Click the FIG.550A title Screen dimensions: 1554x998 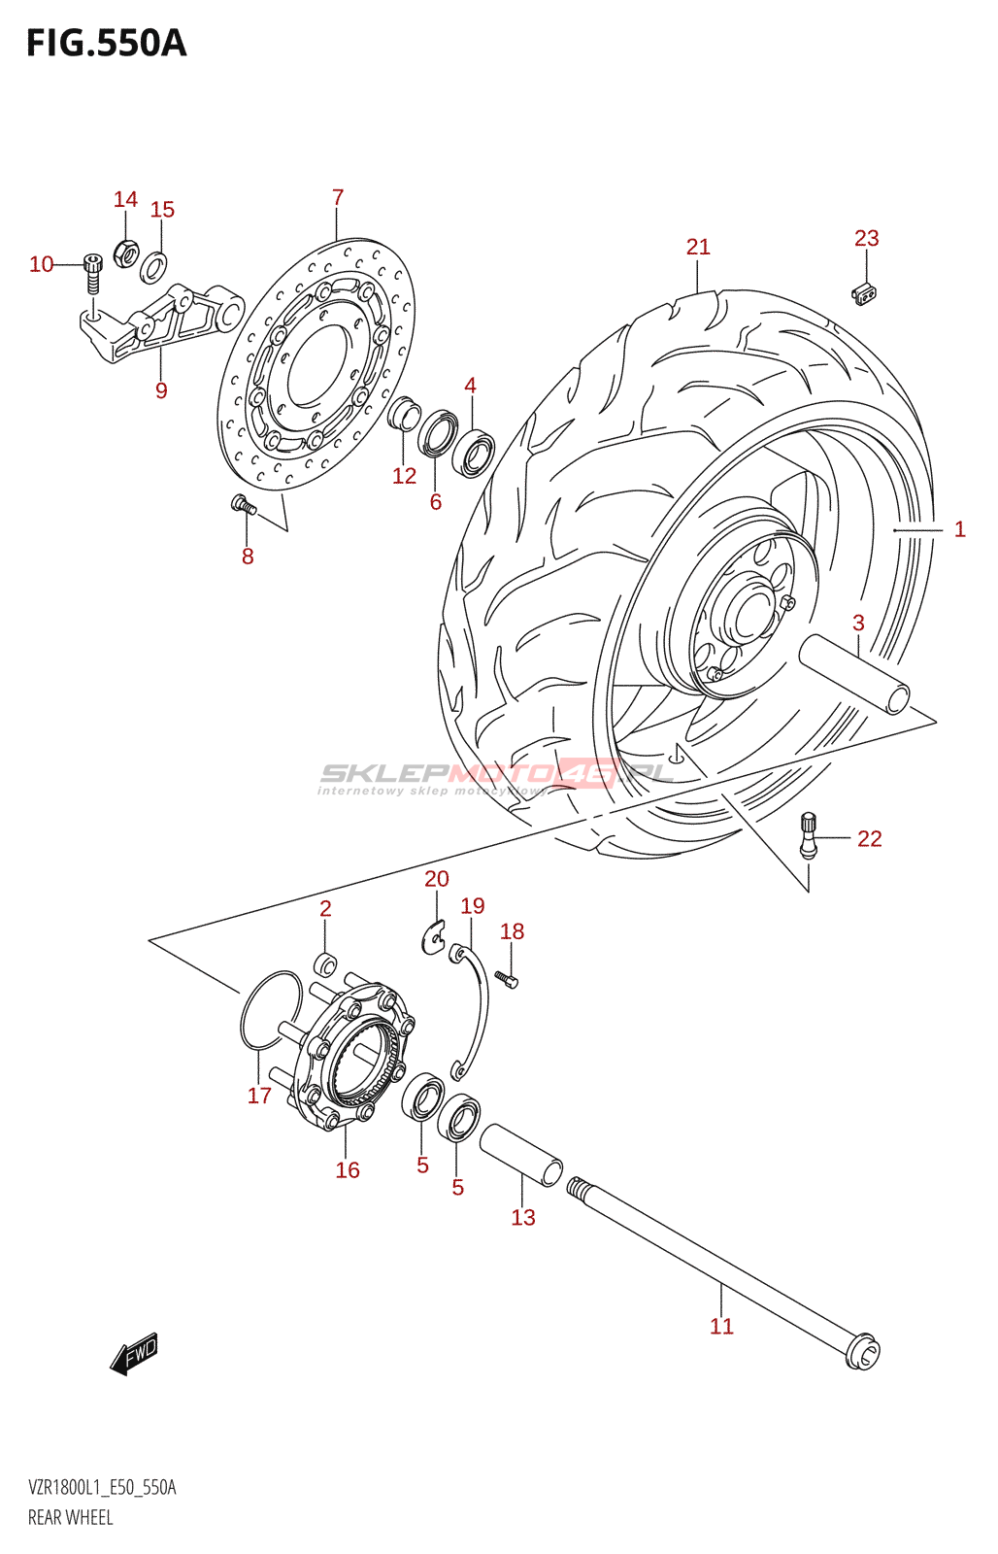click(106, 44)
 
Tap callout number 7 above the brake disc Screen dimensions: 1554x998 click(338, 198)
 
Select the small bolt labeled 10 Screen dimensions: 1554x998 click(92, 272)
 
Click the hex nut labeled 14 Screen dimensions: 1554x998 click(125, 253)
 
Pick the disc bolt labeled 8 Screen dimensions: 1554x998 click(242, 503)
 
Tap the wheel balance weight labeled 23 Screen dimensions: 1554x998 click(864, 293)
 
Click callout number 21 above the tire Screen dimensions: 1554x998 click(698, 248)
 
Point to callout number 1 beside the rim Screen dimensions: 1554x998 click(959, 529)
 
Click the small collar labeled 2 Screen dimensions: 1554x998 click(326, 964)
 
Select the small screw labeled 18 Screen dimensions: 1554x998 click(507, 979)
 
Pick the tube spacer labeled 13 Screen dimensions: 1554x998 click(521, 1154)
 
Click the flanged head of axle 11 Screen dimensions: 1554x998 click(862, 1351)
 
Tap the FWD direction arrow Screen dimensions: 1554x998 click(135, 1353)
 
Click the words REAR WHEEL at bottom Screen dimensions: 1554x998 click(71, 1518)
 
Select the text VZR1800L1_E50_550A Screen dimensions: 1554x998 click(102, 1488)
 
